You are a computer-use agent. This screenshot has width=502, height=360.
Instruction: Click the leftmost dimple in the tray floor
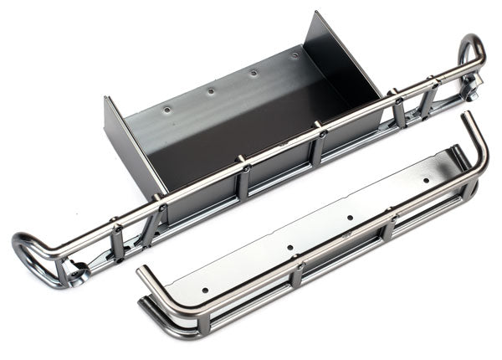[166, 109]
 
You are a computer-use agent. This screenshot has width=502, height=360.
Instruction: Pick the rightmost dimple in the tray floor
[295, 56]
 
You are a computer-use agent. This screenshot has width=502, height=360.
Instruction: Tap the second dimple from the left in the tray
[210, 90]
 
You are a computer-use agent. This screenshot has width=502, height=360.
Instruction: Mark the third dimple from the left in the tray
[254, 73]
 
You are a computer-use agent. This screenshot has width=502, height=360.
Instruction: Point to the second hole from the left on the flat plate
[289, 249]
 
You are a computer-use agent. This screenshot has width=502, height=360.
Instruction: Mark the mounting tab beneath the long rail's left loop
[77, 272]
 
